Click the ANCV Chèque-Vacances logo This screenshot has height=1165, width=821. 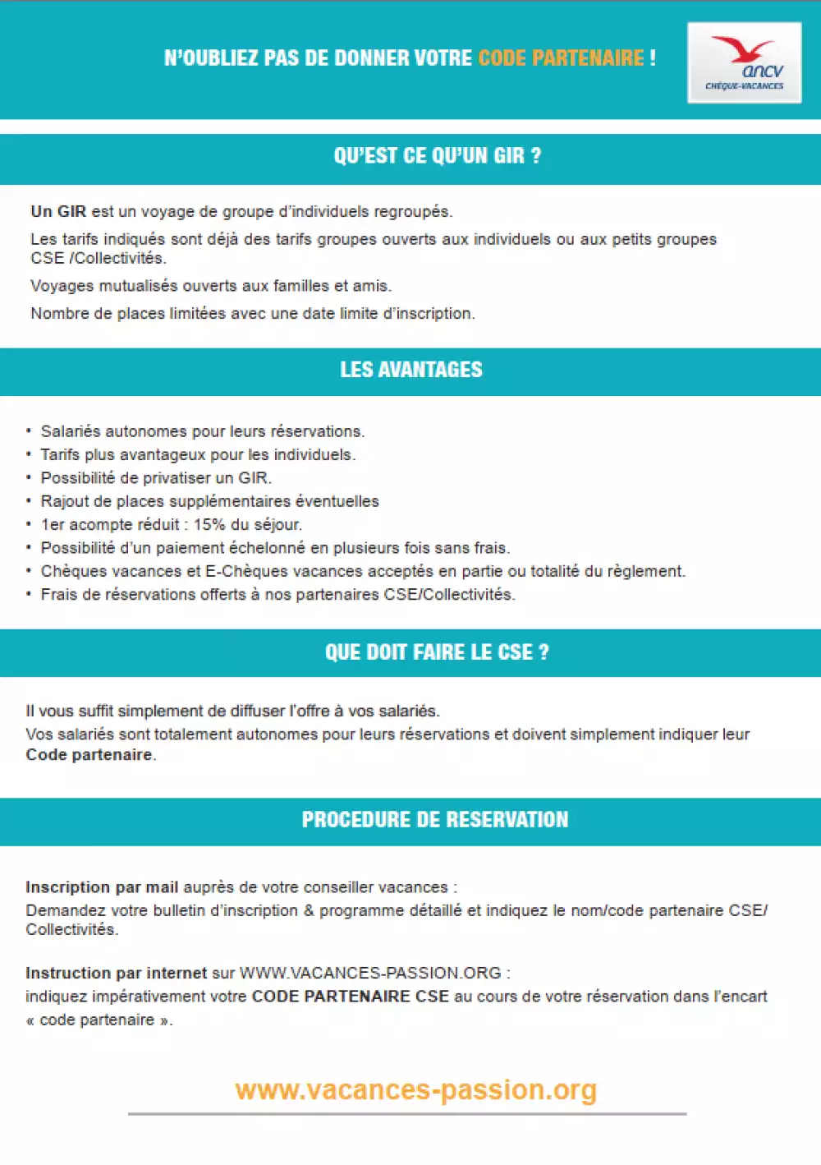744,62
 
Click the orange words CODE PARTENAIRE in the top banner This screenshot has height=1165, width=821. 561,58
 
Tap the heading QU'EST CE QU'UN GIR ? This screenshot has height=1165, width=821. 437,156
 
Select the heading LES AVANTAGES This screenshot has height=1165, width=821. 411,370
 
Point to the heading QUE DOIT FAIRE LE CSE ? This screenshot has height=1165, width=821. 437,652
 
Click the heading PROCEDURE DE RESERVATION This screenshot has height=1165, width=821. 434,820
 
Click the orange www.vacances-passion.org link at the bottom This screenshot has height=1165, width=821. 415,1090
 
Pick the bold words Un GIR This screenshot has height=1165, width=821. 58,211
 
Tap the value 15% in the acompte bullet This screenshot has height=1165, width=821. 209,525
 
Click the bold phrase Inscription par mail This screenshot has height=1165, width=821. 102,887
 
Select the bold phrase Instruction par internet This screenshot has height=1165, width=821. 116,974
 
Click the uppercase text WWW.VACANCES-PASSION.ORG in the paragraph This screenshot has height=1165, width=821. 370,974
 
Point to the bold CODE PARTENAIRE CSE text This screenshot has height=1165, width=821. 350,997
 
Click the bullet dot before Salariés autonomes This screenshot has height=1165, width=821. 29,431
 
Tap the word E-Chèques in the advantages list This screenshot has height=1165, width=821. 247,572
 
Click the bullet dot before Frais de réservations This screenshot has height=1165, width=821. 29,595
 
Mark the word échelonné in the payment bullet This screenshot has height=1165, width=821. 268,548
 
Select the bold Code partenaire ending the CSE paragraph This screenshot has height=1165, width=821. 89,755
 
